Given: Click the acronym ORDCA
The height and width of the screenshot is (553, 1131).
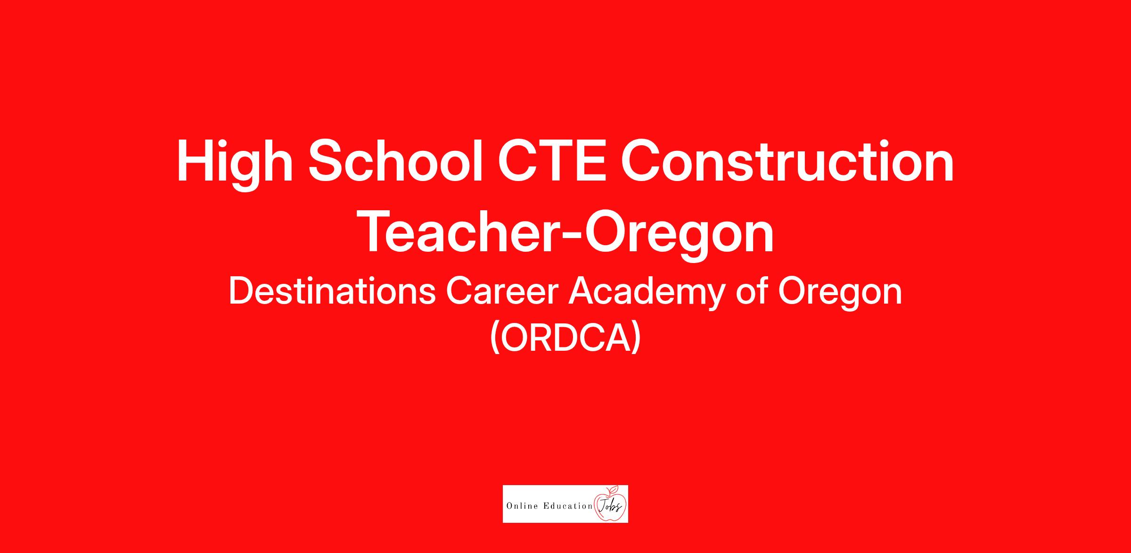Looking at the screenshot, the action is tap(565, 338).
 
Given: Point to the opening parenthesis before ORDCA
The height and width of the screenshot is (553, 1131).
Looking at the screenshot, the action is tap(494, 338).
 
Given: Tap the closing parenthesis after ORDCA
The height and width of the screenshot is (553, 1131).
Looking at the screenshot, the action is tap(636, 338).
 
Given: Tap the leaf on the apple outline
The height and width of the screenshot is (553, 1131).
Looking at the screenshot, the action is tap(614, 488).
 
